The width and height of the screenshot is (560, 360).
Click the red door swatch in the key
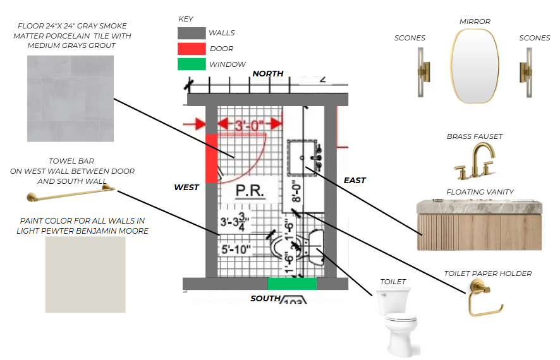(192, 49)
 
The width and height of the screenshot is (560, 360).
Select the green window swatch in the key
(192, 64)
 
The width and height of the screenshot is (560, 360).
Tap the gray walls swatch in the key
(192, 33)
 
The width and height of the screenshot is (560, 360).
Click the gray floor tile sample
(71, 99)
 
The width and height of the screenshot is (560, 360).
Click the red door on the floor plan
(212, 159)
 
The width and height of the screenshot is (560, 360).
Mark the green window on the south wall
(292, 284)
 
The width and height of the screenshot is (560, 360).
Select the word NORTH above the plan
(268, 74)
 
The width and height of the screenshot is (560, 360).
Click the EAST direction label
(355, 181)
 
